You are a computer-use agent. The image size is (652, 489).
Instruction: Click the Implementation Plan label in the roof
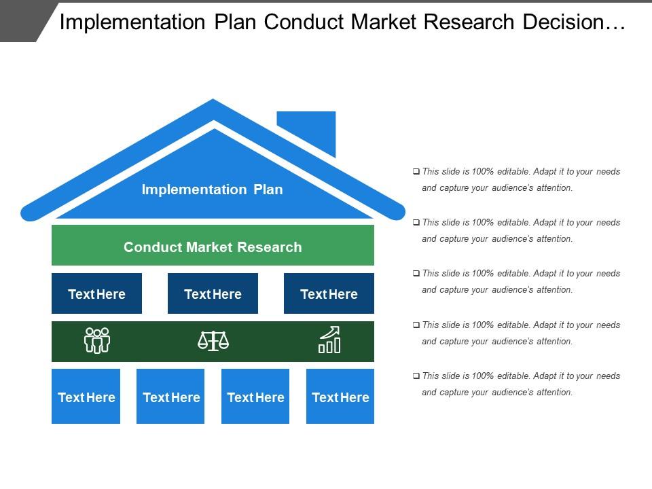(212, 189)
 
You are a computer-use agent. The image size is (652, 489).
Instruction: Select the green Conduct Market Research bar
(213, 246)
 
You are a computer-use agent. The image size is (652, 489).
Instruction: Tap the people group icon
(96, 340)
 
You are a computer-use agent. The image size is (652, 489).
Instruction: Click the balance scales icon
(213, 340)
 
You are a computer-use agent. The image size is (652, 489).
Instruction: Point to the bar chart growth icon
(329, 340)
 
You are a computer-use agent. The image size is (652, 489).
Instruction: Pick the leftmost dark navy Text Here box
(96, 293)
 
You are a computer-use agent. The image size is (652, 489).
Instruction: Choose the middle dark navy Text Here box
(213, 293)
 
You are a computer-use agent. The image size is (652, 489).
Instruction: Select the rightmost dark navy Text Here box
(329, 293)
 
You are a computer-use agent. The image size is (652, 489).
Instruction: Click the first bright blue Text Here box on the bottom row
(86, 397)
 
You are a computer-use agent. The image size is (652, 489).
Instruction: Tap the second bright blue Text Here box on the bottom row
(170, 397)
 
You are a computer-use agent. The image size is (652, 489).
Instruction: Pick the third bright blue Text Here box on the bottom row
(255, 397)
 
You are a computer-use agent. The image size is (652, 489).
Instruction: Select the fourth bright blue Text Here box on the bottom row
(340, 397)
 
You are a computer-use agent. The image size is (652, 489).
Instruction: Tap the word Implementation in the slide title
(134, 22)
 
